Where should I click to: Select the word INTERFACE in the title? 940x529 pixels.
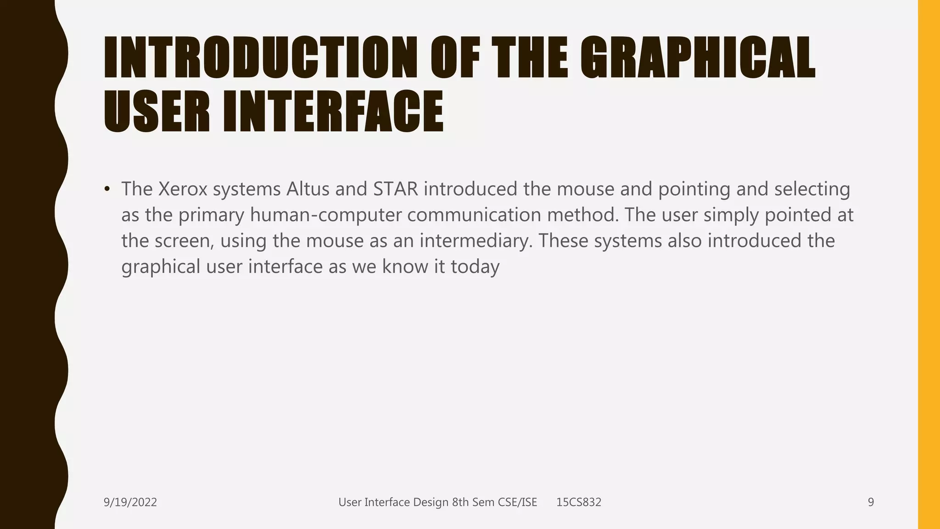[x=334, y=112]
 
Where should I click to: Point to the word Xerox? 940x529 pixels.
[x=183, y=189]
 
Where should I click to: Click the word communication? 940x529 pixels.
[x=475, y=215]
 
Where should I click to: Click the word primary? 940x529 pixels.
[x=212, y=215]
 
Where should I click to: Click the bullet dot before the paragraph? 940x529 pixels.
[x=107, y=189]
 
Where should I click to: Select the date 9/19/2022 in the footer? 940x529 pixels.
[x=130, y=502]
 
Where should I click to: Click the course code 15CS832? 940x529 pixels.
[x=579, y=502]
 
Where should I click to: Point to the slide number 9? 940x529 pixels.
[x=871, y=502]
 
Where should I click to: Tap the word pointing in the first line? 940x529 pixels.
[x=694, y=189]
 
